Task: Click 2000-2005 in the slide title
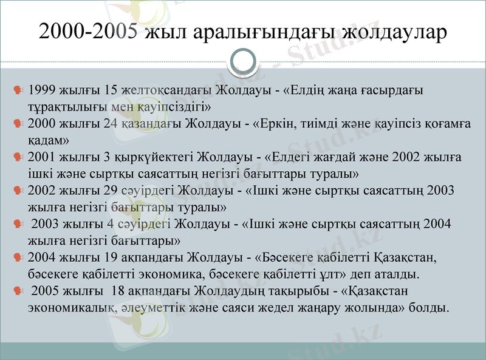point(87,32)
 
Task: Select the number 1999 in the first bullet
point(41,90)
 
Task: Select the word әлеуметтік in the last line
point(151,307)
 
